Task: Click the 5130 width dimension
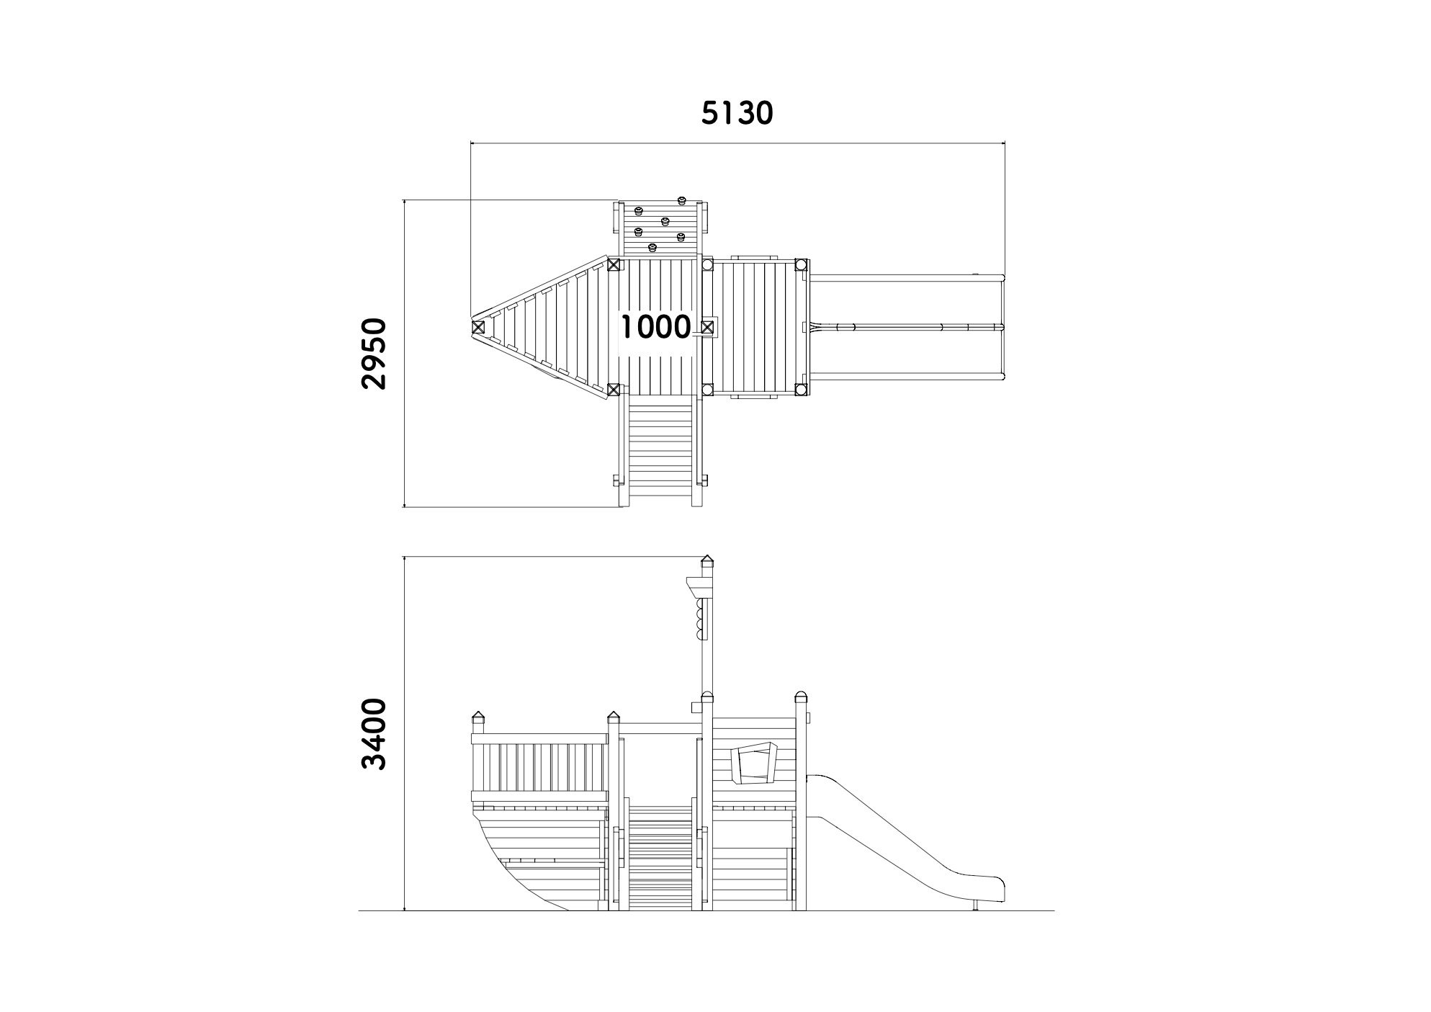tap(737, 113)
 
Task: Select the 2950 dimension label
tap(374, 354)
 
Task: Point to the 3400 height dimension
tap(374, 733)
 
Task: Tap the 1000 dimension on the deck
tap(655, 327)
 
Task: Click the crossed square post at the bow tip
tap(478, 327)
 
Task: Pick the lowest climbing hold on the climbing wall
tap(653, 248)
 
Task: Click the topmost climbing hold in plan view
tap(681, 200)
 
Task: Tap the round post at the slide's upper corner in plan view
tap(801, 265)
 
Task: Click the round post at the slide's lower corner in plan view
tap(801, 390)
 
